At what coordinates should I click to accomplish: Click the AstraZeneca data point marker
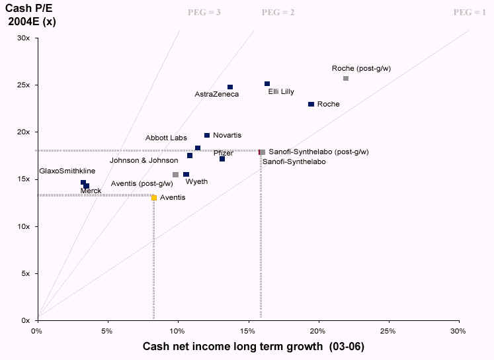(x=230, y=87)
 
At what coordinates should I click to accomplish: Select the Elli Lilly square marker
(x=267, y=84)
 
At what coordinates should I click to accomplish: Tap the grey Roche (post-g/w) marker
(x=345, y=78)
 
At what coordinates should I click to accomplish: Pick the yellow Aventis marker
(x=154, y=198)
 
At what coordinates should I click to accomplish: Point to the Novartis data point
(x=207, y=135)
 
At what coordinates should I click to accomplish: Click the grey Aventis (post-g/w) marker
(x=175, y=175)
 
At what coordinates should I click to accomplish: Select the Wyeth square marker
(x=186, y=175)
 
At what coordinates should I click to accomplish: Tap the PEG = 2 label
(x=278, y=13)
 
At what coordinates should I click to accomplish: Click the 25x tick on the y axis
(x=23, y=85)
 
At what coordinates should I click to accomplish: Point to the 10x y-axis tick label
(x=23, y=226)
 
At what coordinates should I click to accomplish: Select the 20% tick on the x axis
(x=319, y=330)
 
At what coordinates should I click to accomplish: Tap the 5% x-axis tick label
(x=108, y=330)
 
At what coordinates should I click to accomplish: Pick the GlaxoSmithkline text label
(x=67, y=171)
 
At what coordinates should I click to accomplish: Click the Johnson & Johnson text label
(x=144, y=160)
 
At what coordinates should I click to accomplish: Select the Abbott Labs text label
(x=166, y=138)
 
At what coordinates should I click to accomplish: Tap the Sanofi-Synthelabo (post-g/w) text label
(x=319, y=152)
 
